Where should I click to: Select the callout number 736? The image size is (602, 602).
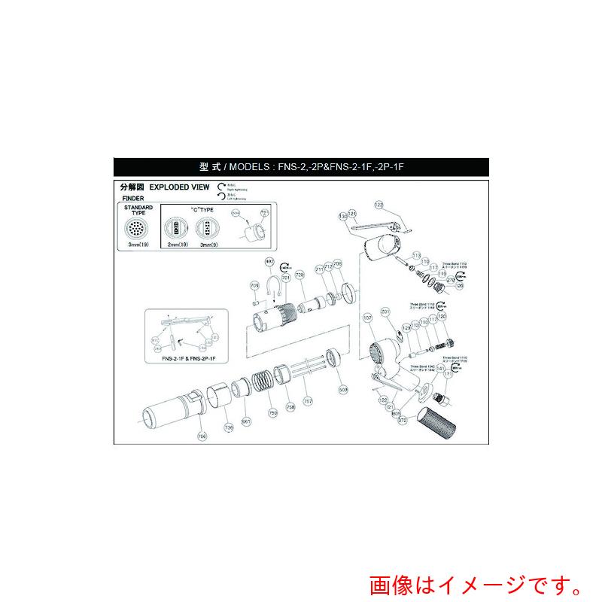pos(229,427)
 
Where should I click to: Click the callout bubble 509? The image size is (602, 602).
pos(343,391)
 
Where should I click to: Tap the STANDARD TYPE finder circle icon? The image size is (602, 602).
pos(138,227)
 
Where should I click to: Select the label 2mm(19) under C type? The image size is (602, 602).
pos(177,245)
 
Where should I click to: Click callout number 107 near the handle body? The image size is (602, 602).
pos(368,318)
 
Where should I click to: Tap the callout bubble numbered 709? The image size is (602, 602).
pos(254,286)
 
